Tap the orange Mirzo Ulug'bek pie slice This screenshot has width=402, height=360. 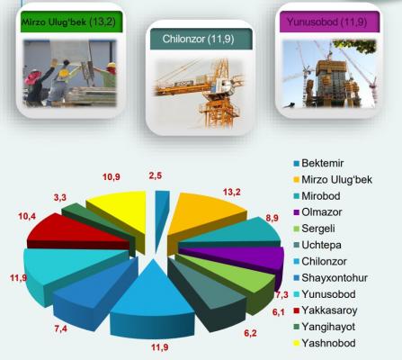204,216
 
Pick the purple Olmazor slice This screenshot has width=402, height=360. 240,257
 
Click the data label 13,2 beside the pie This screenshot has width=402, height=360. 232,192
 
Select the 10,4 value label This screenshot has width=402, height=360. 27,216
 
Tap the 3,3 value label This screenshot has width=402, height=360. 60,198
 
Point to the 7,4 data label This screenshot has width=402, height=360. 61,328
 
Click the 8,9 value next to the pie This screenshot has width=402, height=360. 272,218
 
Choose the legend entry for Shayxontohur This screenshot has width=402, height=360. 335,278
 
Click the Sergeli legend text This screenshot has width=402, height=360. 318,229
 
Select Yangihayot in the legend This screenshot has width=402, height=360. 328,327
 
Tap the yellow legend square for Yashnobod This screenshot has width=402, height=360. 297,343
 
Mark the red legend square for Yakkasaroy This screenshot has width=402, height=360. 297,310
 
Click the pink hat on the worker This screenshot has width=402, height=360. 32,76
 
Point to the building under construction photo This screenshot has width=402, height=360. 329,74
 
